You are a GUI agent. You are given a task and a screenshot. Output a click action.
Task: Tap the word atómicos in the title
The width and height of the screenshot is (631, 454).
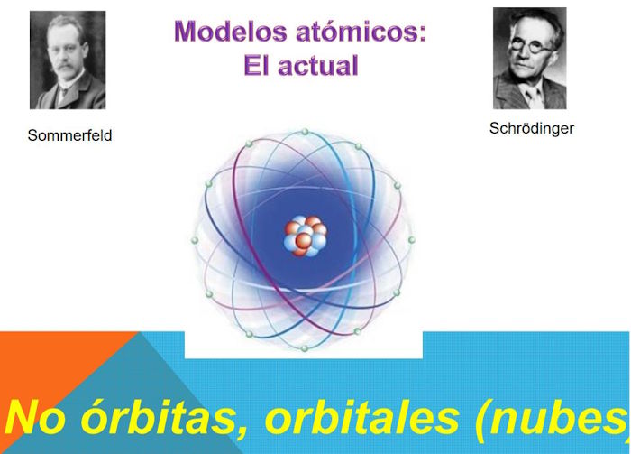(x=361, y=31)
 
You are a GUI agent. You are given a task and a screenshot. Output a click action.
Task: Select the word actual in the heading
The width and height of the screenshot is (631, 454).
(x=318, y=65)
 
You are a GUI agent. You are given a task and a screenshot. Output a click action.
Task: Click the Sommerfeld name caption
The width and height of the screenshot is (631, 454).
(x=69, y=135)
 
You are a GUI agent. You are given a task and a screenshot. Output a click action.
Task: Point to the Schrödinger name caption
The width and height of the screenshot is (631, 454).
(x=532, y=128)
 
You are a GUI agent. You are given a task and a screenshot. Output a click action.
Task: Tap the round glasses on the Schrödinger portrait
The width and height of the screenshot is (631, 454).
(x=530, y=47)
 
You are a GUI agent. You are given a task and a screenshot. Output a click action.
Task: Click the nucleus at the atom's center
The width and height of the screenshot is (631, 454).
(x=306, y=236)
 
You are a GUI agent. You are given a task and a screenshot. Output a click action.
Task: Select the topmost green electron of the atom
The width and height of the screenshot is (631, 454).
(x=305, y=132)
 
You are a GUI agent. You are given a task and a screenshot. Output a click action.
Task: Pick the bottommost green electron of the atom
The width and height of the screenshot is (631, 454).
(x=305, y=348)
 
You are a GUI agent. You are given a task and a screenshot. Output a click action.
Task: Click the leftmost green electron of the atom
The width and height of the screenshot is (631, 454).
(x=195, y=240)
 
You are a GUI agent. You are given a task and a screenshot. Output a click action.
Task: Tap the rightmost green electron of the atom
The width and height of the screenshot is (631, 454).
(x=411, y=240)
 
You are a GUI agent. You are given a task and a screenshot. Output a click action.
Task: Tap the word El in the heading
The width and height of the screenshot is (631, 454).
(x=255, y=65)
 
